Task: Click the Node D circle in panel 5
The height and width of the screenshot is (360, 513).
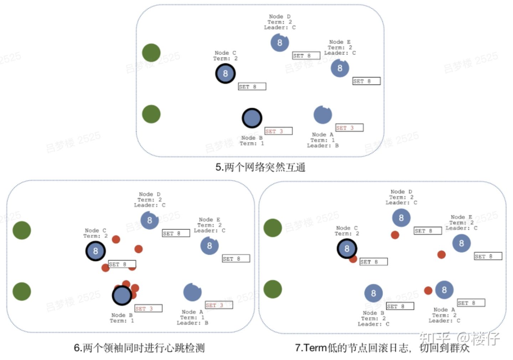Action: click(x=280, y=43)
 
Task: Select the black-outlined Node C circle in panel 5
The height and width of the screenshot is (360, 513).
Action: click(x=225, y=74)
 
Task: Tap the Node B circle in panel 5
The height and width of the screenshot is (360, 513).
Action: click(x=252, y=118)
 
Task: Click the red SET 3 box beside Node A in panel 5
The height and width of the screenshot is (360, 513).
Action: click(x=349, y=128)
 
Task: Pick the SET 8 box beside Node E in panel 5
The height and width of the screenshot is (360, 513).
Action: click(x=366, y=81)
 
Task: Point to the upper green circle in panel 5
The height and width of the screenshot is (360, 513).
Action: click(x=151, y=53)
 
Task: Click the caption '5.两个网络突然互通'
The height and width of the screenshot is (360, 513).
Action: click(x=260, y=167)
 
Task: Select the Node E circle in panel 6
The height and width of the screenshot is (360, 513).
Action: click(x=209, y=246)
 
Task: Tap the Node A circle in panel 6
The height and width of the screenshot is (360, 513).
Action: click(x=192, y=292)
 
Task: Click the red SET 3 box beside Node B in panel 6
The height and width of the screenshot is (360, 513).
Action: click(x=148, y=308)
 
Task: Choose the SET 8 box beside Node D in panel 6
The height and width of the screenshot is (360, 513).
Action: click(x=176, y=233)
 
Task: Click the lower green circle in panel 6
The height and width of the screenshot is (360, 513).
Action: click(x=22, y=291)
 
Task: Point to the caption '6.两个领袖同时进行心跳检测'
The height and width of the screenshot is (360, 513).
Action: click(x=139, y=348)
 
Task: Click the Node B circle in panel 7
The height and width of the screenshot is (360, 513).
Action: click(x=373, y=293)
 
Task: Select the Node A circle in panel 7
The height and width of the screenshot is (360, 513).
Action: click(x=444, y=290)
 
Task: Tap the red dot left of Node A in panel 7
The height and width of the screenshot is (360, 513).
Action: click(x=428, y=290)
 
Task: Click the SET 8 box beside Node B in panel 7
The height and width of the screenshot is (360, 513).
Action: click(x=400, y=306)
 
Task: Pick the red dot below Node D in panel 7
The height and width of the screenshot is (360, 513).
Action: click(x=395, y=235)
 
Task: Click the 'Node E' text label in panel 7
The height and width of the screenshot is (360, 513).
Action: click(x=461, y=217)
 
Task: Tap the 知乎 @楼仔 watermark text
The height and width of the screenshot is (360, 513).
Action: click(x=460, y=338)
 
